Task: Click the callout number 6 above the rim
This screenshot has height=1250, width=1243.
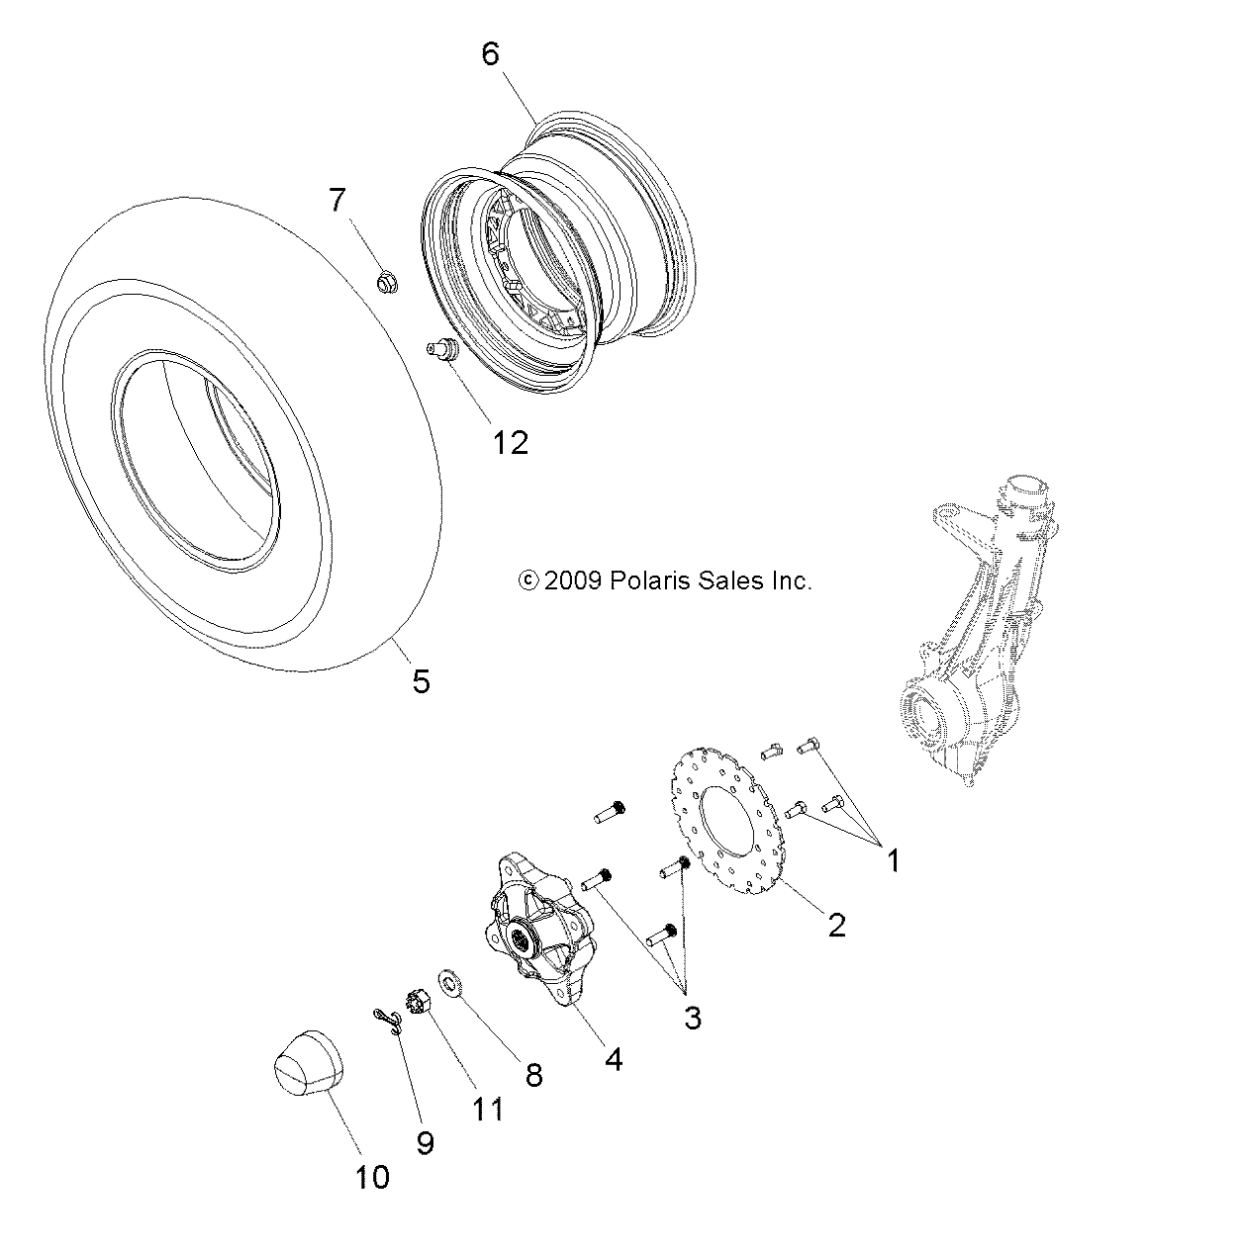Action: coord(491,53)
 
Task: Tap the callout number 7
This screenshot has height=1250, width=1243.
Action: coord(337,201)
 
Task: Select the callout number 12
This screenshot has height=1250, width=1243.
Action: coord(511,442)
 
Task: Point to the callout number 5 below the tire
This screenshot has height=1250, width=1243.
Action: coord(421,680)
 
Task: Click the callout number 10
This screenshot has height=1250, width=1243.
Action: coord(372,1177)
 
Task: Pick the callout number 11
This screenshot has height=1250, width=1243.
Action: coord(488,1110)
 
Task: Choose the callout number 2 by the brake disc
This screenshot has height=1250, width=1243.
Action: coord(836,925)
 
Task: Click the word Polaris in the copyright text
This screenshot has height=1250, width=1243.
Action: coord(644,581)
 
